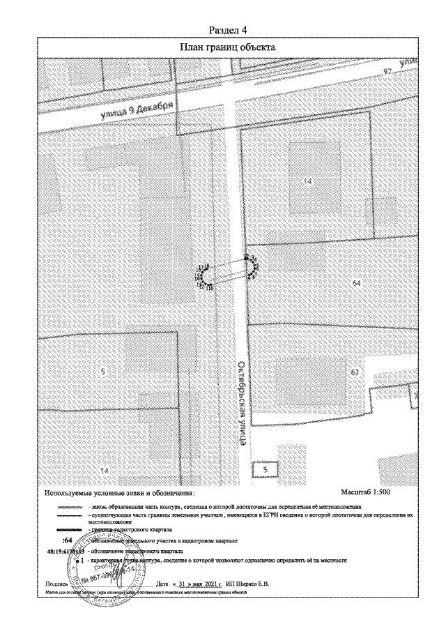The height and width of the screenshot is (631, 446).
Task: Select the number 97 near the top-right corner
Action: pos(388,72)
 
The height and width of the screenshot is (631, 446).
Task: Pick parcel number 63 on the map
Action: pos(355,372)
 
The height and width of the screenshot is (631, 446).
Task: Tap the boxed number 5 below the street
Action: pos(265,469)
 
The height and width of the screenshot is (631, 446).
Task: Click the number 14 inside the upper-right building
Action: pos(307,181)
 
